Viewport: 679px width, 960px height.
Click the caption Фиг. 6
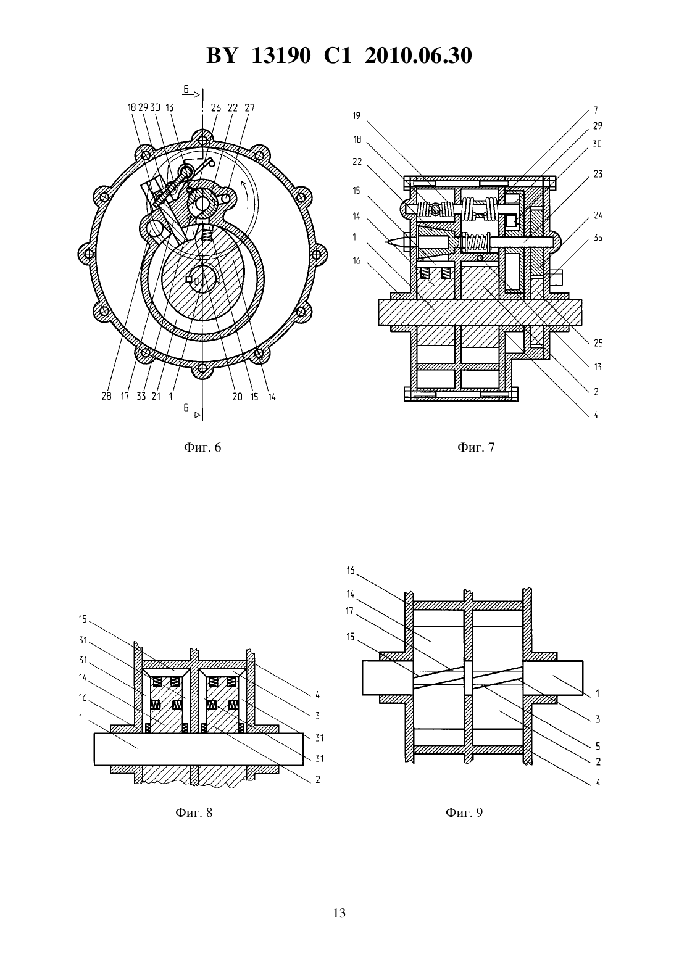(202, 447)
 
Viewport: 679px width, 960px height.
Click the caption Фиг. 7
(476, 447)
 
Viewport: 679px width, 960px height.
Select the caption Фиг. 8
(194, 813)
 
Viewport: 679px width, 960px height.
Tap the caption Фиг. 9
(464, 813)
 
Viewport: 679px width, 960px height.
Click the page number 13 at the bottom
(339, 913)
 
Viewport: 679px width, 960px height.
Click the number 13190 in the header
(281, 56)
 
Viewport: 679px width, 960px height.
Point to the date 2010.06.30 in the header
(419, 56)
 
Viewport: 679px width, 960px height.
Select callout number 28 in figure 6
(106, 397)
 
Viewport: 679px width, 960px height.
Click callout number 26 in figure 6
(216, 107)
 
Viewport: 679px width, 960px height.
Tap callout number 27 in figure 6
(249, 107)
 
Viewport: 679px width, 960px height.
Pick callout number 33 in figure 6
(141, 397)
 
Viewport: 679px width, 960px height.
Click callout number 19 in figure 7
(357, 116)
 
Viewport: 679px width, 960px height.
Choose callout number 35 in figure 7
(598, 238)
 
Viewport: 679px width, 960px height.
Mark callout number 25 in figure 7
(598, 343)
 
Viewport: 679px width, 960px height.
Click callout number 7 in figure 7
(596, 110)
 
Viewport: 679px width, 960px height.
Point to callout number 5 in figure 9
(598, 747)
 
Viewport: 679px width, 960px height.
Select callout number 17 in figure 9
(350, 611)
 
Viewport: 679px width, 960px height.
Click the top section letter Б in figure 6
(186, 89)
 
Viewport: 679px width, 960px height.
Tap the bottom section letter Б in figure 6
(186, 408)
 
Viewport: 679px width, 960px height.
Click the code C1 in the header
(338, 56)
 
